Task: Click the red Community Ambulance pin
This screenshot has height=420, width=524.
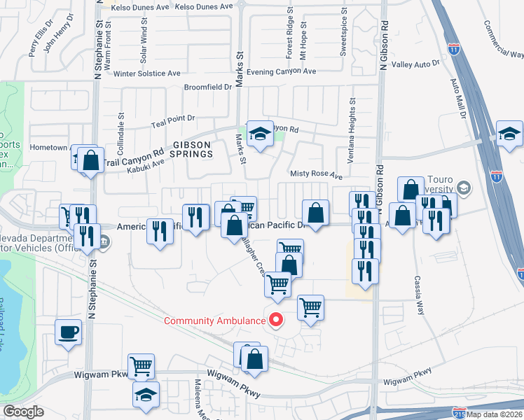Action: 276,320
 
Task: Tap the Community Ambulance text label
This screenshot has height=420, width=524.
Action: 214,321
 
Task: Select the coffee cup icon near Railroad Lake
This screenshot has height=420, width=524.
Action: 69,332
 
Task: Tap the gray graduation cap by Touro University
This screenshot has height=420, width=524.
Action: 464,188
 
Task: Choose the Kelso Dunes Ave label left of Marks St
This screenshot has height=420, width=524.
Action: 142,7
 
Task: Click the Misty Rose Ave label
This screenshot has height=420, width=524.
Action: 317,174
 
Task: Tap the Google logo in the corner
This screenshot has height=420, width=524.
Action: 24,412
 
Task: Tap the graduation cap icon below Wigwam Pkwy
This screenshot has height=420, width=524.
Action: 146,395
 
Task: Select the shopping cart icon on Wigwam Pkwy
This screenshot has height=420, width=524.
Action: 142,365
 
